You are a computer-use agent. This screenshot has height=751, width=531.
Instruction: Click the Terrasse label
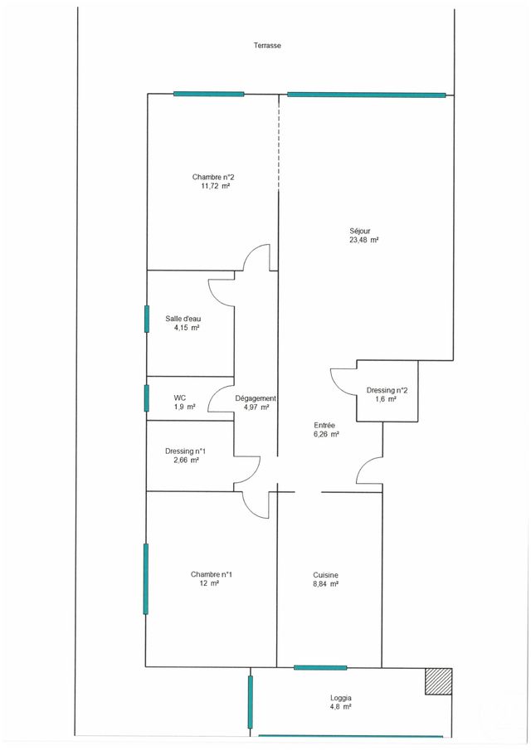click(267, 46)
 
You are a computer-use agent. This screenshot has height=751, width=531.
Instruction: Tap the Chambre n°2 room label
click(213, 177)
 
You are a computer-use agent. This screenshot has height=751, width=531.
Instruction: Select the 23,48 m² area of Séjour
click(364, 240)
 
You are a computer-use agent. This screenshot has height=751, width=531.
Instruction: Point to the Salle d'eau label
click(183, 319)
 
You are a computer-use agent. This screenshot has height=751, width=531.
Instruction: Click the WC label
click(179, 397)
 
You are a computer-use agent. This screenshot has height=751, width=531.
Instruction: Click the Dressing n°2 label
click(387, 391)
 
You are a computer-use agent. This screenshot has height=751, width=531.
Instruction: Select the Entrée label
click(324, 424)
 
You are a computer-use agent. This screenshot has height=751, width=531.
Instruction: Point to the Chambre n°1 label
click(212, 574)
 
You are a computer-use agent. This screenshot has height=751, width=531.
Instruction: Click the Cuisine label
click(325, 575)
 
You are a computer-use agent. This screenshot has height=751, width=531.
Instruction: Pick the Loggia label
click(340, 698)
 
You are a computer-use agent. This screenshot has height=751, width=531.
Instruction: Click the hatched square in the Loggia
click(438, 681)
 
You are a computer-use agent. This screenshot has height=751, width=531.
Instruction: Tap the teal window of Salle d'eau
click(147, 319)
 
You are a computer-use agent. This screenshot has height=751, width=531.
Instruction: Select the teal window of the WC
click(147, 398)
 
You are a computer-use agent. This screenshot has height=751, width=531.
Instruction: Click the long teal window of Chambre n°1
click(146, 579)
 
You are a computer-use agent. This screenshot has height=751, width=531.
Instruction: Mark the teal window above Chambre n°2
click(209, 94)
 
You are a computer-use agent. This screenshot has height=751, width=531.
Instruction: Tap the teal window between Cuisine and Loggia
click(320, 667)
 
